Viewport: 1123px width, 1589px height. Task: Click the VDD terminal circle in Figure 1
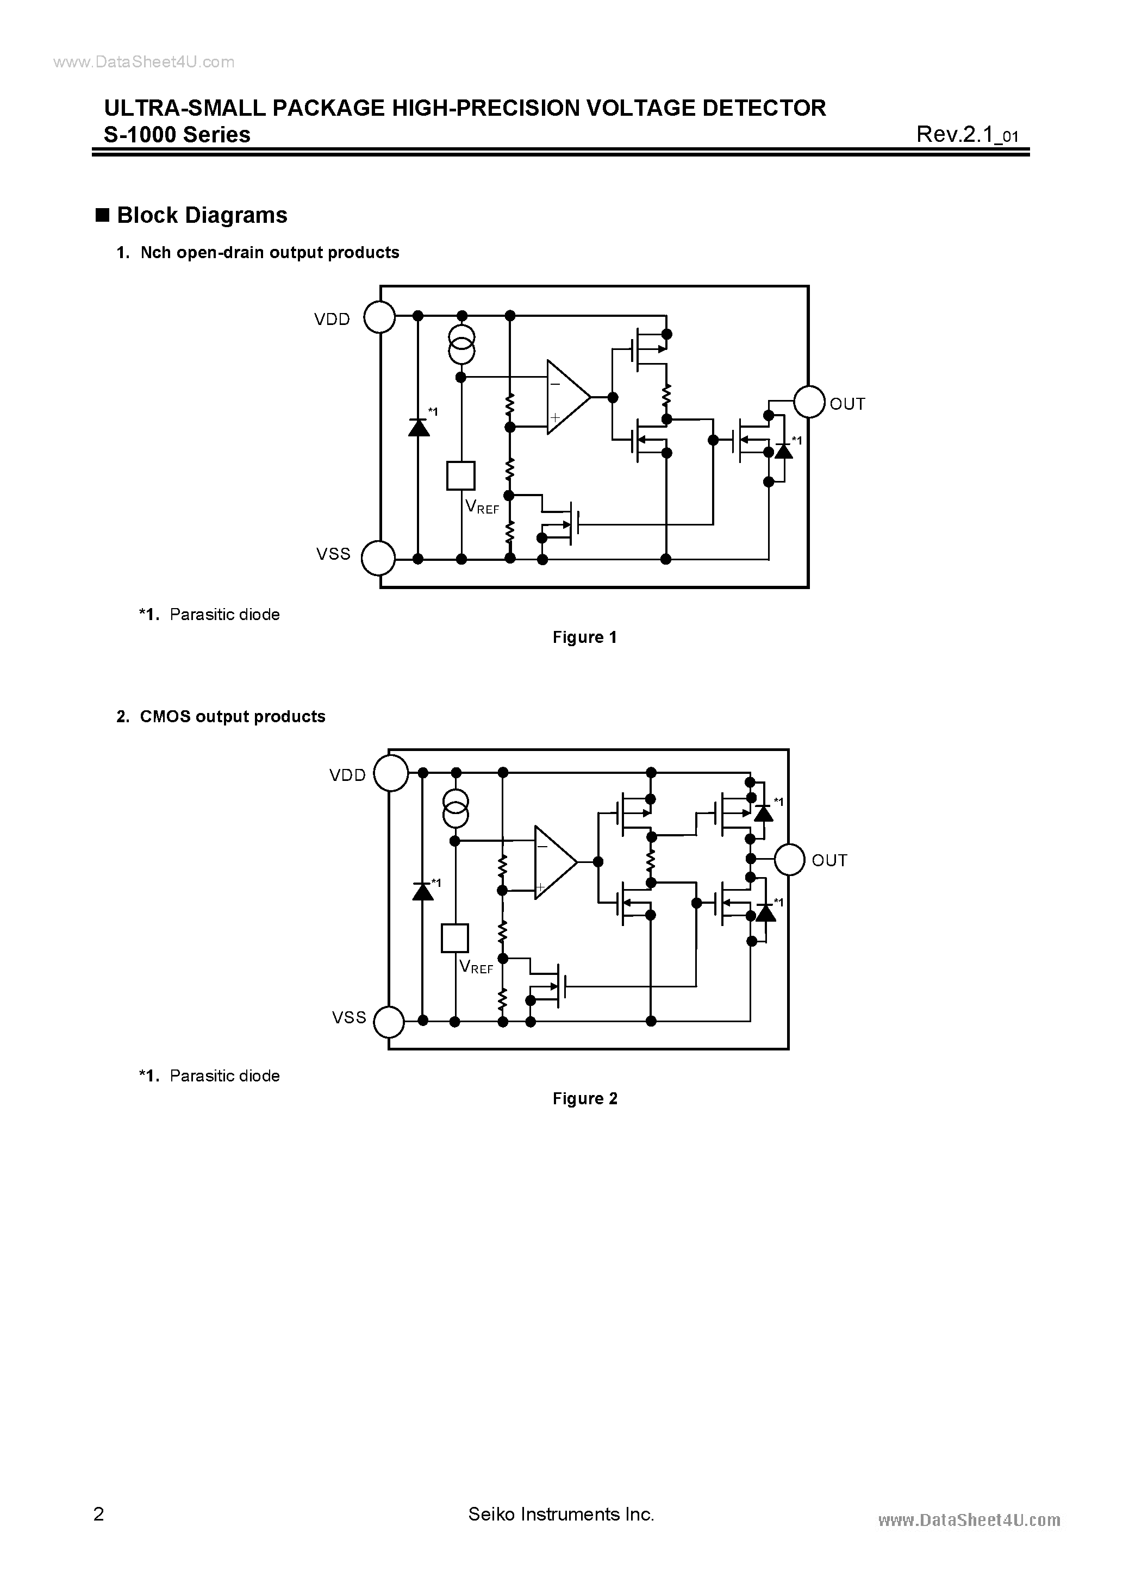click(x=379, y=318)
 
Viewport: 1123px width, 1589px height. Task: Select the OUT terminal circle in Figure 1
click(x=809, y=402)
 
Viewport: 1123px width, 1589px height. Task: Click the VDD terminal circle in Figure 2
click(x=390, y=774)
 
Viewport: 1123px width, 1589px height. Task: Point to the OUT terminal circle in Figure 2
click(x=789, y=860)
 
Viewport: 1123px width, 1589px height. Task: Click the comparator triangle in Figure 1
click(x=567, y=397)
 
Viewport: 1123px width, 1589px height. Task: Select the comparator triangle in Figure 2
click(x=554, y=862)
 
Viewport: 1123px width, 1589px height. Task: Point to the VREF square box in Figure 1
click(x=461, y=476)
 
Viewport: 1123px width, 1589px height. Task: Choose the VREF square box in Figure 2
click(x=455, y=939)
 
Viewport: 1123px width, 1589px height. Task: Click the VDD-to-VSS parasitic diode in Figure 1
click(x=418, y=428)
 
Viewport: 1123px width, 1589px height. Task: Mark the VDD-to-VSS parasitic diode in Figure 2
click(x=423, y=891)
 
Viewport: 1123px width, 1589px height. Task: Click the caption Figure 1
click(x=584, y=637)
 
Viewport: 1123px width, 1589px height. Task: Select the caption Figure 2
click(x=584, y=1098)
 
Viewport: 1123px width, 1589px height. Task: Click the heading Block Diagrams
click(x=202, y=215)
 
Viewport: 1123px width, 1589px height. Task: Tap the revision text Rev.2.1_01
click(x=966, y=134)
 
